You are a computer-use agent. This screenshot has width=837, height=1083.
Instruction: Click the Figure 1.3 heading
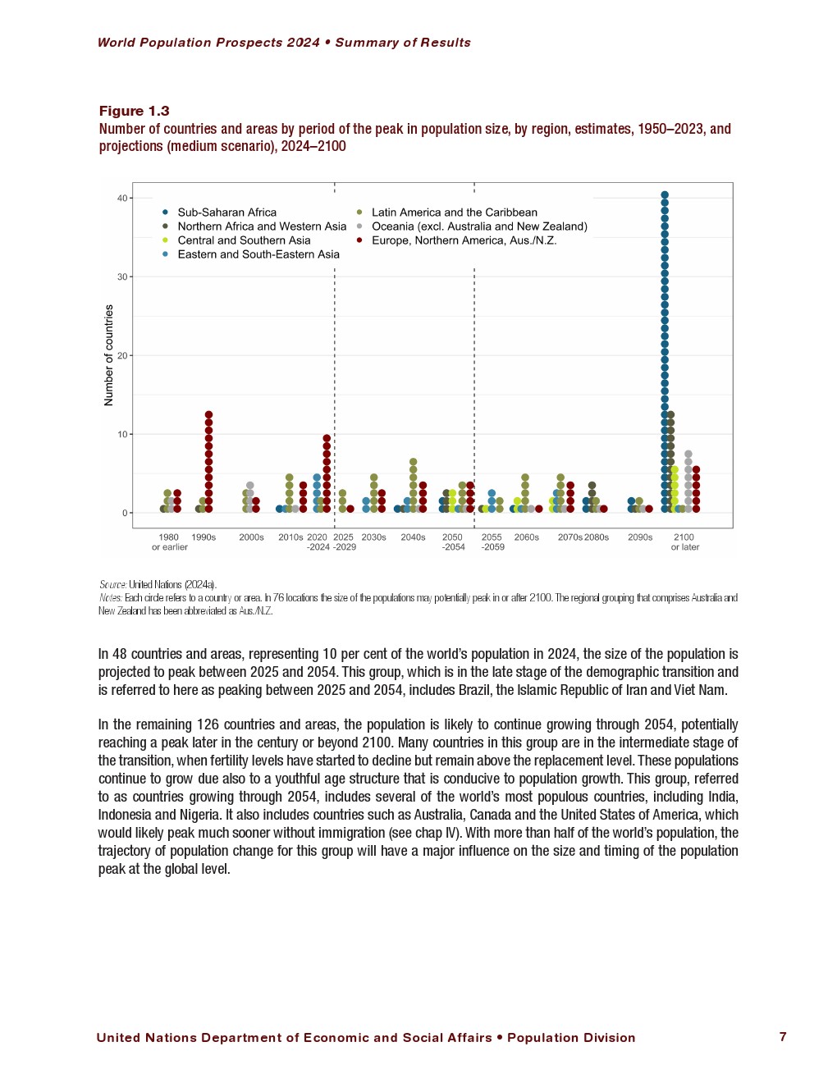(x=134, y=111)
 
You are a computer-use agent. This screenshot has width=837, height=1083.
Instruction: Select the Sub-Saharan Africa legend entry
(x=226, y=212)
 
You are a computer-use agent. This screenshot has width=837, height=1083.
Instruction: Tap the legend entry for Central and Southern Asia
(x=244, y=240)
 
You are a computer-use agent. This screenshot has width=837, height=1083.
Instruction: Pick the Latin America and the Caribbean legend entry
(x=454, y=212)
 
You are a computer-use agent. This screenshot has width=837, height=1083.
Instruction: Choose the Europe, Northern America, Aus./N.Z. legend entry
(x=464, y=240)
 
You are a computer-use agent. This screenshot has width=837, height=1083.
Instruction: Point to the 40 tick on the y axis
(x=122, y=198)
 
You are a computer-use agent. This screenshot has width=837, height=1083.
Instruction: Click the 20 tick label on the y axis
(x=122, y=355)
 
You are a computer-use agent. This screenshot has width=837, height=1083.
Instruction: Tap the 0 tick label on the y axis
(x=125, y=513)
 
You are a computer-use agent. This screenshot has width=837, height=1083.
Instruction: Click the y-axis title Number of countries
(x=109, y=355)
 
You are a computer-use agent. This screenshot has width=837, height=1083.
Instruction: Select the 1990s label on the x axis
(x=204, y=537)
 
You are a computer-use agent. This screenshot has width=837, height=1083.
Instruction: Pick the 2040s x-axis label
(x=413, y=537)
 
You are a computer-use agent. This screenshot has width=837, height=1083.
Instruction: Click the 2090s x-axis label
(x=640, y=537)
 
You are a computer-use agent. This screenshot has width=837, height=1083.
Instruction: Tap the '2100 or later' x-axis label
(x=684, y=542)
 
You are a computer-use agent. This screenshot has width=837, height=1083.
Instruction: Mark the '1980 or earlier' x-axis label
(x=169, y=542)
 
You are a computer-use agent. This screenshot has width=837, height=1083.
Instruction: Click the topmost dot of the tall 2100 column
(x=665, y=195)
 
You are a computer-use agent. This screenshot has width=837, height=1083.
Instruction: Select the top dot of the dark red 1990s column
(x=208, y=415)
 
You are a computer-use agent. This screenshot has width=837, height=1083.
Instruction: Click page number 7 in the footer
(x=783, y=1037)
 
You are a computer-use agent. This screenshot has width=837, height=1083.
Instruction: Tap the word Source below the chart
(x=112, y=585)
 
